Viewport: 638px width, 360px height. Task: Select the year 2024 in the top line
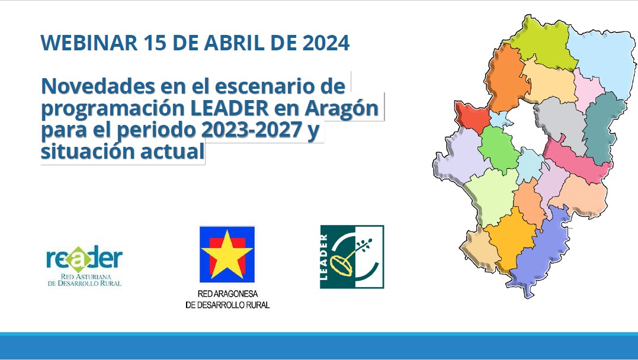(x=326, y=43)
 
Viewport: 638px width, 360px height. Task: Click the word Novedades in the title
(x=98, y=86)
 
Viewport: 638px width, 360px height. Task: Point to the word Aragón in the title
(x=342, y=108)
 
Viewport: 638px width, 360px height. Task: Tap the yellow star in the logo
(x=227, y=253)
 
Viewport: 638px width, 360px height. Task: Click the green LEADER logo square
(x=352, y=257)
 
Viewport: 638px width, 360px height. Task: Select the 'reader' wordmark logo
(x=85, y=259)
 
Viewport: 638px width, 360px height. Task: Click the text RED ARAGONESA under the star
(x=227, y=294)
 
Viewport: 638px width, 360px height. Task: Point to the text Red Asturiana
(x=85, y=277)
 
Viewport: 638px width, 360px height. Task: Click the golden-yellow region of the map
(x=511, y=238)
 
